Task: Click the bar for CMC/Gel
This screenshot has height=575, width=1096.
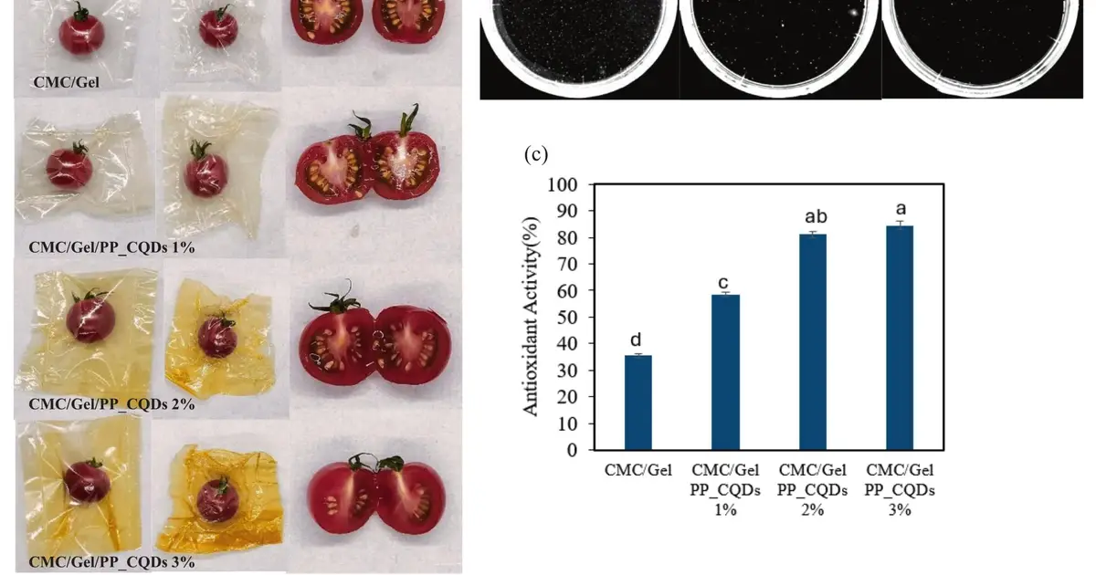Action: coord(638,402)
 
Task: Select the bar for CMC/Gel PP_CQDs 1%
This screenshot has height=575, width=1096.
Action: coord(725,372)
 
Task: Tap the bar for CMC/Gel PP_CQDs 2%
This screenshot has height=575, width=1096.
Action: coord(813,341)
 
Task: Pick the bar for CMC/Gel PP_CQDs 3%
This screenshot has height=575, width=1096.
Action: coord(900,338)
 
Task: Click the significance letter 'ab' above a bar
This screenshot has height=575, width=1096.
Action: coord(816,216)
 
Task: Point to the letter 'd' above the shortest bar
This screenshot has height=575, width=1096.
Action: coord(636,340)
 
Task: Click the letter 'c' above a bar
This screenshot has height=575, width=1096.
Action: coord(722,283)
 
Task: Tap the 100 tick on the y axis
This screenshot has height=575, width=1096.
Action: coord(563,184)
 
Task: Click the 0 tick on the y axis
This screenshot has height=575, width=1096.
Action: coord(573,450)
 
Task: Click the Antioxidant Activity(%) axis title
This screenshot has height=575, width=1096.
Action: coord(531,317)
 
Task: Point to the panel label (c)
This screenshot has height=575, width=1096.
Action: coord(536,154)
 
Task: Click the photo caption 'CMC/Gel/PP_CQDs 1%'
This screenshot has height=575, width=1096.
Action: coord(111,247)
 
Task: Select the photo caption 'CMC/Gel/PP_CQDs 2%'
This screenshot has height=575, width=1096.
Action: coord(111,404)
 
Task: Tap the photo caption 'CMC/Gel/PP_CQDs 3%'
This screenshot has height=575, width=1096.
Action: coord(111,562)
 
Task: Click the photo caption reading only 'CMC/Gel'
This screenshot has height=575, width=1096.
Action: coord(66,82)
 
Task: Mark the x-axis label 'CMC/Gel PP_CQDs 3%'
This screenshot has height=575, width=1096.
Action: coord(900,490)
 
